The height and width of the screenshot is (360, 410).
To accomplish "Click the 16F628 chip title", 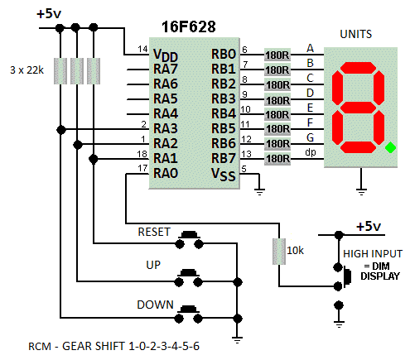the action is pos(189,27).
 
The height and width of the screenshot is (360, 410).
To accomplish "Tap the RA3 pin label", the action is pos(166,128).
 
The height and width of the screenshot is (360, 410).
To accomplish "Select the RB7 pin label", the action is pos(224,158).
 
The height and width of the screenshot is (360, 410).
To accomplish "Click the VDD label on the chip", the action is pos(166,55).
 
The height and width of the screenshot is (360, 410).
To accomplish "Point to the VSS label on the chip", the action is pos(224,175).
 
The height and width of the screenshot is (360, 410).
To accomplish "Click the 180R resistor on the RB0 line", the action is pos(277,55).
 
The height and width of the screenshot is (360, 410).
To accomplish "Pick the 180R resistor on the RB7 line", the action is pos(277,159).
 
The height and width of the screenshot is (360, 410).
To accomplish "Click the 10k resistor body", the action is pos(279,252).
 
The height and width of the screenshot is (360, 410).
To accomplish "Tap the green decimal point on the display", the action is pos(391,147).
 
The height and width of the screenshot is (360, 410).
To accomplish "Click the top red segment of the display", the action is pos(358,68).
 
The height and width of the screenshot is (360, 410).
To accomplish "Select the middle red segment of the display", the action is pos(358,108).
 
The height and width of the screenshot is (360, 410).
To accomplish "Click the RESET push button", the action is pos(190,240).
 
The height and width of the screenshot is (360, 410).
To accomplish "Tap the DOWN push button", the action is pos(189,314).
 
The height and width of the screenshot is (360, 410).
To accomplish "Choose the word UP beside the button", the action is pos(153,265).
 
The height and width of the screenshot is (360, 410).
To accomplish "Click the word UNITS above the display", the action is pos(356,34).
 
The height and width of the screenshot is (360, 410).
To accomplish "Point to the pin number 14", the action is pos(142,49).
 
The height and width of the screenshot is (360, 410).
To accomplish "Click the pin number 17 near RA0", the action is pos(142,168).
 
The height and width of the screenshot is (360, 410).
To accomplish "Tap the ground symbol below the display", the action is pos(361,191).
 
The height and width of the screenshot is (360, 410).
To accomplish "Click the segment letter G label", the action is pos(310,137).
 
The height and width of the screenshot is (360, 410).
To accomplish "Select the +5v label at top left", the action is pos(49,14).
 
